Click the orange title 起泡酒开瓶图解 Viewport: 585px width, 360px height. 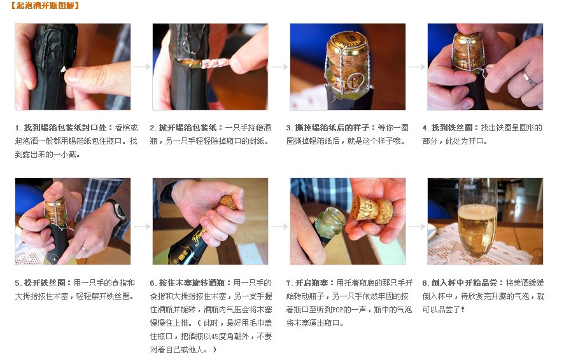pos(45,6)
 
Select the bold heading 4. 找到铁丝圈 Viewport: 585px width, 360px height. pos(449,128)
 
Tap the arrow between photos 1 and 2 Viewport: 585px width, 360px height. pos(141,67)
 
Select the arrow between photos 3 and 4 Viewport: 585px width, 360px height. pos(416,67)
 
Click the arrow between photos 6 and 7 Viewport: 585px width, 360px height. pos(279,226)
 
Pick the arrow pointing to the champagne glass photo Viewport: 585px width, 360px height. pos(416,226)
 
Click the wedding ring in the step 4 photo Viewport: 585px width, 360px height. pos(527,78)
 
